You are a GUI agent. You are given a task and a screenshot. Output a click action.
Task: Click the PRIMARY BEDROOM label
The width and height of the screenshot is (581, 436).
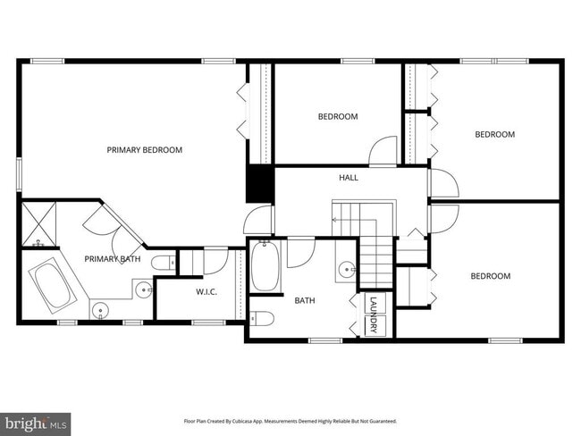point(144,150)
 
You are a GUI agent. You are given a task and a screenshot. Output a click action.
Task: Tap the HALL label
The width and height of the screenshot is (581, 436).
point(348,178)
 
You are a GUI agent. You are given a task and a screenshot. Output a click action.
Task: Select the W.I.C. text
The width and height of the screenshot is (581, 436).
point(206,292)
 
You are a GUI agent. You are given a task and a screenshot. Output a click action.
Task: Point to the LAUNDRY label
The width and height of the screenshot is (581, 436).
point(374,315)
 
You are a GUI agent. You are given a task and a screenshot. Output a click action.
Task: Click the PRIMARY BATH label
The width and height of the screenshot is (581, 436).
point(112,259)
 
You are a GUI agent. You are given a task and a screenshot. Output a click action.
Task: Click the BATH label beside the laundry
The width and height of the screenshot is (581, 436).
point(305,301)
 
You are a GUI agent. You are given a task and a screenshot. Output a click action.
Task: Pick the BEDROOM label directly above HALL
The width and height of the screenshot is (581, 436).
point(338,117)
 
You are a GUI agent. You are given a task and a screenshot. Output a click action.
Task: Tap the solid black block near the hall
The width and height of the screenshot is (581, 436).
point(258,185)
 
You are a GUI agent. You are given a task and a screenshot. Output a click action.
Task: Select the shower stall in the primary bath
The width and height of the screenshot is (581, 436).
point(38,223)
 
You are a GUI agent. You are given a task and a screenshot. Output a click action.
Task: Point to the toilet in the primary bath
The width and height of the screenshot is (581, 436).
point(162,263)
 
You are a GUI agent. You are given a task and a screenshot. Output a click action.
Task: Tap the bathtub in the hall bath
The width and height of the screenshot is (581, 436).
point(265,267)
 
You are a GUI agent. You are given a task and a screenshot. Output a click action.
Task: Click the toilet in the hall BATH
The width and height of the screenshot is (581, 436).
point(261,319)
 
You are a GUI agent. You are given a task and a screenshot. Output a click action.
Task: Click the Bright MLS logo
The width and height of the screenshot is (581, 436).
point(36,422)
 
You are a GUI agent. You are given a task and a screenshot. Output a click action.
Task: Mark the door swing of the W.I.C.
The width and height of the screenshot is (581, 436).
point(215,262)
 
